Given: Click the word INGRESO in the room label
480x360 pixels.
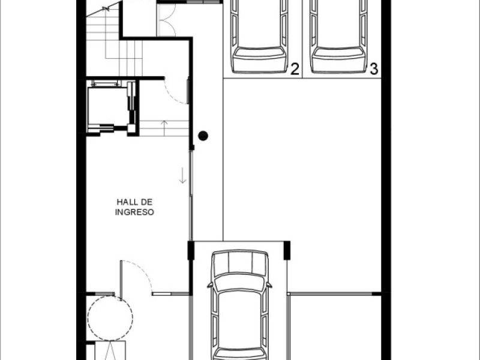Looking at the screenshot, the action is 134,212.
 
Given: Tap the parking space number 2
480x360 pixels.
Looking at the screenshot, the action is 295,69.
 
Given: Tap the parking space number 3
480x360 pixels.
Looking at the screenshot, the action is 374,69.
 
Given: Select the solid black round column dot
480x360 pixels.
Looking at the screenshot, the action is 203,136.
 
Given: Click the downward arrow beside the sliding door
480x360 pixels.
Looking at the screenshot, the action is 182,175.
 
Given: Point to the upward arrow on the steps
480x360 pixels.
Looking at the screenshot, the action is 164,128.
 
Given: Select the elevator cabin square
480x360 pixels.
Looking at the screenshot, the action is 107,106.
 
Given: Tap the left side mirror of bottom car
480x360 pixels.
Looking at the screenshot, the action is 210,286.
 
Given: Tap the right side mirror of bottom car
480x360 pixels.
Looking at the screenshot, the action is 269,286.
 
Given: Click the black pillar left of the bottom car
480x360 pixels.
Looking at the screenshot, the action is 191,251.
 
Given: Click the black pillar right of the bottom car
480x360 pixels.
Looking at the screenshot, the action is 287,251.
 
